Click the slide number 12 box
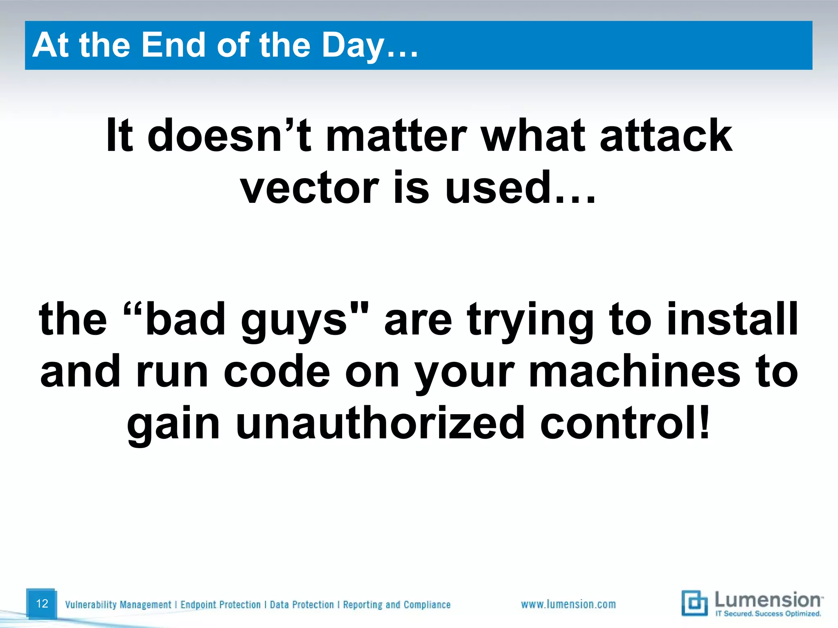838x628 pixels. [41, 603]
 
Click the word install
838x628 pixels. [732, 319]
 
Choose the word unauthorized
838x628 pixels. [380, 424]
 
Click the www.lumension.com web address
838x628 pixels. [568, 604]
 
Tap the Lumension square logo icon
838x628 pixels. [694, 603]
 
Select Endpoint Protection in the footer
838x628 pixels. [220, 605]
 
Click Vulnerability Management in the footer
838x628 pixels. [118, 605]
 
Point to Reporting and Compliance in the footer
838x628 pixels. [396, 605]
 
